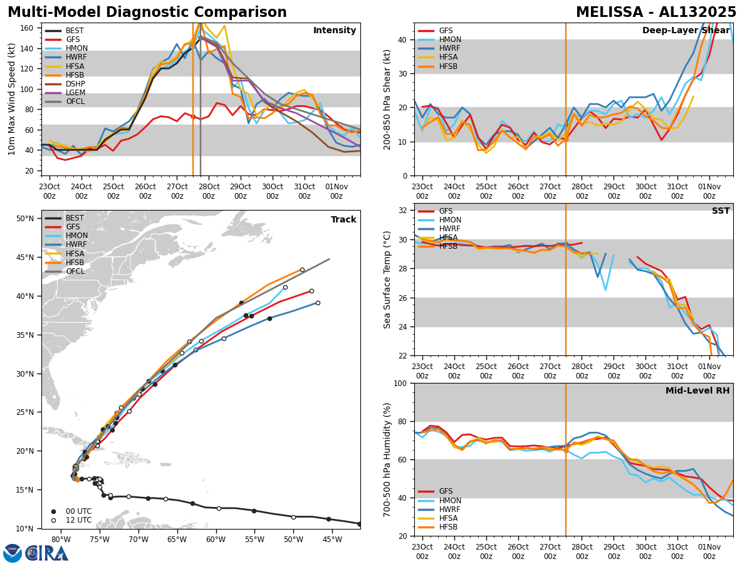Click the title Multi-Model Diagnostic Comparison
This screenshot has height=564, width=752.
[147, 13]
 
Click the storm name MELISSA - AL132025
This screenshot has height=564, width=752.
[656, 13]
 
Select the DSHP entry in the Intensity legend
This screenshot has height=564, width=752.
[75, 84]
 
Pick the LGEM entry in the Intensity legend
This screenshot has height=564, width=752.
[75, 93]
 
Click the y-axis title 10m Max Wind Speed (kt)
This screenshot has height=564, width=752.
[12, 99]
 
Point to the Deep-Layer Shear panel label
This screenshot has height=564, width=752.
[686, 31]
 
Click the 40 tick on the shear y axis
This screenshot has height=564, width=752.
[402, 40]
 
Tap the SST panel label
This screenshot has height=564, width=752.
[721, 211]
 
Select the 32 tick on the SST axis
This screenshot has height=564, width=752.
[402, 211]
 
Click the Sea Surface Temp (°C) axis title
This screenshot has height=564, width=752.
[388, 279]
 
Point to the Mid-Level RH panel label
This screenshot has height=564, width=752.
[697, 391]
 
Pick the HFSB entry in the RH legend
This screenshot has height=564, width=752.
[449, 527]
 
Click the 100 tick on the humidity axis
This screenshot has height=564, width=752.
[400, 384]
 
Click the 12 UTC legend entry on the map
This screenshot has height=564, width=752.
[78, 520]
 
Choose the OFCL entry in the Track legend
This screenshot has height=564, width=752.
[75, 271]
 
